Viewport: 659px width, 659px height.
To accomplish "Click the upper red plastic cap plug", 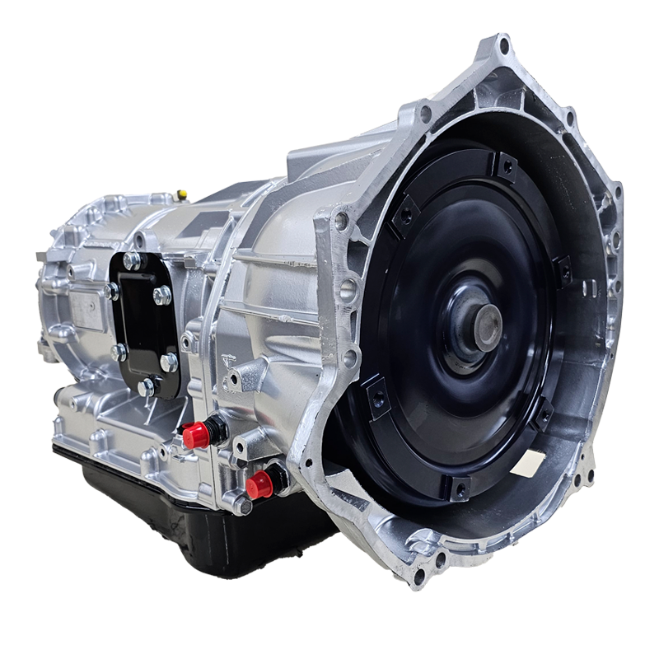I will pos(195,435).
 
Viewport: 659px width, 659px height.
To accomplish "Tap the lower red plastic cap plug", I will pos(258,485).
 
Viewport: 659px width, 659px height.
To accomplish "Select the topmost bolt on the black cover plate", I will pos(131,260).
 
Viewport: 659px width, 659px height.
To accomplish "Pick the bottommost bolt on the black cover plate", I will pos(147,385).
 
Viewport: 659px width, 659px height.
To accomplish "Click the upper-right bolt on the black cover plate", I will pos(162,295).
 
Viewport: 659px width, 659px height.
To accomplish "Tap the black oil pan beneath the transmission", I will pos(206,527).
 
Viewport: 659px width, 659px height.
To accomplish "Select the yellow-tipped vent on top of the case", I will pos(183,194).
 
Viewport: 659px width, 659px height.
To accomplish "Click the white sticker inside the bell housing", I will pos(527,465).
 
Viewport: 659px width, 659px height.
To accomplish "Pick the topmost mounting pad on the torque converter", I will pos(504,167).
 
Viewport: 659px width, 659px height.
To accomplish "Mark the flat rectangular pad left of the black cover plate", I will pos(86,311).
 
